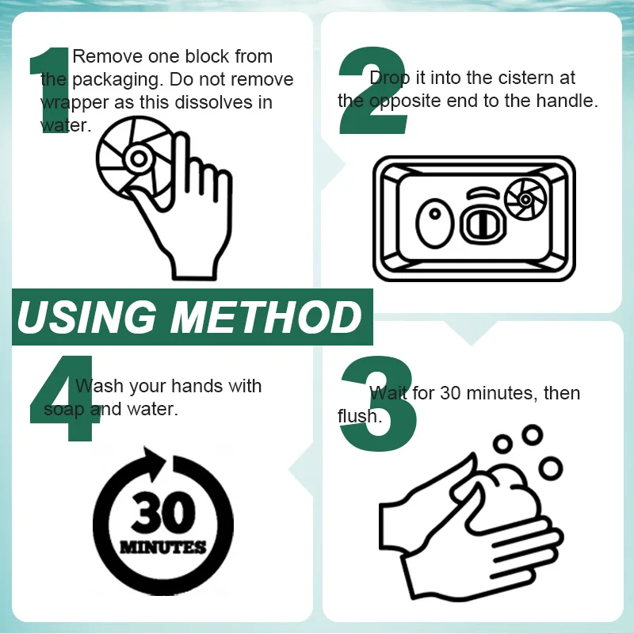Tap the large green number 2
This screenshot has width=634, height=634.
click(372, 90)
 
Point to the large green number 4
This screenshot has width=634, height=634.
click(65, 399)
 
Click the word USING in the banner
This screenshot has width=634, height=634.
click(86, 317)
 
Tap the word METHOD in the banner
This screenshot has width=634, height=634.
click(266, 317)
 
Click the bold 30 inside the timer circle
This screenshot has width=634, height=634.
click(163, 513)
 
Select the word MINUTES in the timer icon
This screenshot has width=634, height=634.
click(163, 547)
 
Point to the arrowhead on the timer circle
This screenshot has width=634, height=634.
click(154, 461)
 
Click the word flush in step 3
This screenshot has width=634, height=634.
click(360, 415)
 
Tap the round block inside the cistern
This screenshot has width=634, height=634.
click(525, 200)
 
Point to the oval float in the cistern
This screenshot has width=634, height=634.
click(435, 223)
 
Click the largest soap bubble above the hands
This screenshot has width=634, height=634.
click(550, 468)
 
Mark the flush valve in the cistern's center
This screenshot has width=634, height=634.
click(483, 224)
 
